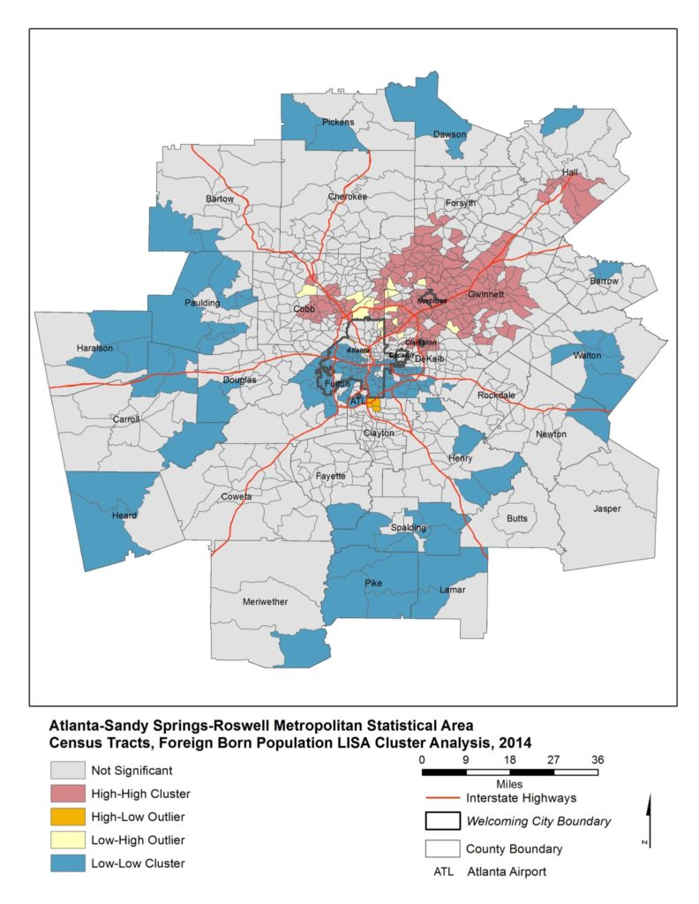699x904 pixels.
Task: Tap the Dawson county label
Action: pos(450,134)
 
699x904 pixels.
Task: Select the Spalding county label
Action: pos(409,528)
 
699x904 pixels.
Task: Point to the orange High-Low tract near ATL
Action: pos(374,404)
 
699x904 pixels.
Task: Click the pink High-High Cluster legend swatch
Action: pos(67,793)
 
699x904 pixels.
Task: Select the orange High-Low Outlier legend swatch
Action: pos(67,816)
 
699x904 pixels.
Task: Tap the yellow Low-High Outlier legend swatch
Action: pos(67,839)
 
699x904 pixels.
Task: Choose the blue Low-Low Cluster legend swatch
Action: pos(67,863)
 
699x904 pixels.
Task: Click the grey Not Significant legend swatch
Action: pos(67,770)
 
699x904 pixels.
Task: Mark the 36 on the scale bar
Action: pos(598,760)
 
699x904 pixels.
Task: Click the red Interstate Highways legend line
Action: pos(445,797)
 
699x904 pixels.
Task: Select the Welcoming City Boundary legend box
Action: pos(445,821)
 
